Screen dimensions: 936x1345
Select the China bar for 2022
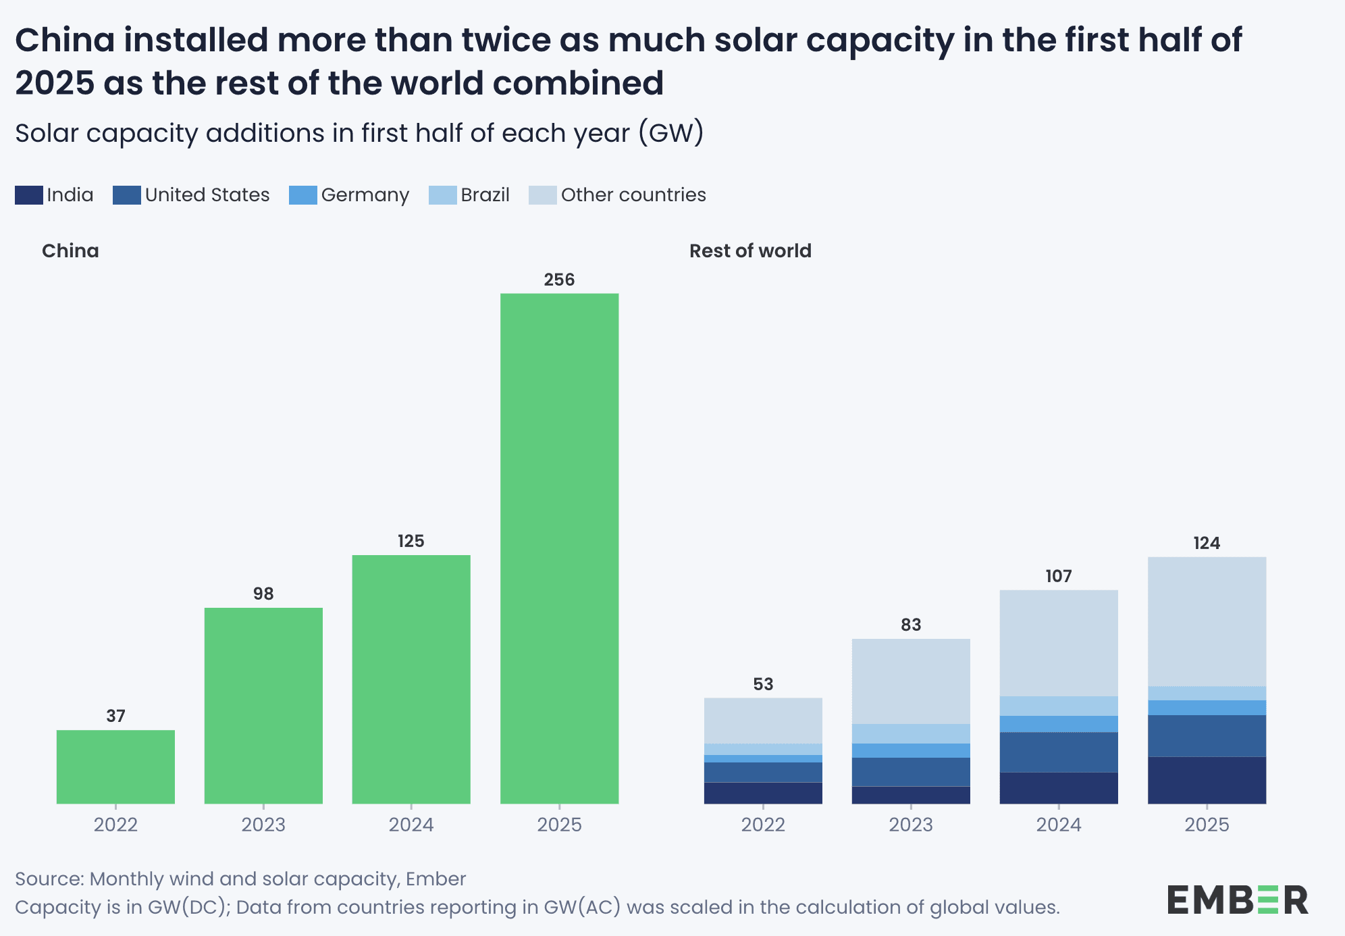(x=115, y=766)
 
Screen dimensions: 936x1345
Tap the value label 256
(x=559, y=280)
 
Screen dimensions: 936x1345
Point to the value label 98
(x=263, y=594)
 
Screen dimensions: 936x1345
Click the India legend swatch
(x=28, y=195)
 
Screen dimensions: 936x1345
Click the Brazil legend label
(x=485, y=195)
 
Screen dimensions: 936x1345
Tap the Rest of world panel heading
(x=750, y=251)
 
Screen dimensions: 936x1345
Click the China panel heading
(x=70, y=251)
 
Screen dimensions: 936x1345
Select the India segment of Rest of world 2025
(x=1207, y=780)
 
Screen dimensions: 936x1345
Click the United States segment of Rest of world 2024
(x=1059, y=752)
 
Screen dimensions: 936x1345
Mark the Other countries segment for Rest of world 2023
(x=911, y=681)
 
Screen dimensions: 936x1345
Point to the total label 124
(x=1207, y=543)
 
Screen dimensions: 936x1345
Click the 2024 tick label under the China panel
(x=411, y=825)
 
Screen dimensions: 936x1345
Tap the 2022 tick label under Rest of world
(x=763, y=825)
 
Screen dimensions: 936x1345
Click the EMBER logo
(x=1237, y=900)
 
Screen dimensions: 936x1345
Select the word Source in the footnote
(x=49, y=879)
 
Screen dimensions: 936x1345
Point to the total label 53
(x=763, y=684)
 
